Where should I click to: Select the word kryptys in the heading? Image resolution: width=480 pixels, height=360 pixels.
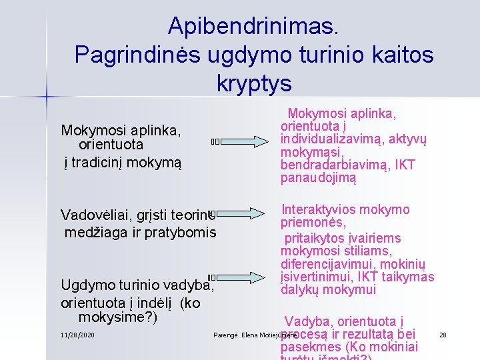[x=254, y=83]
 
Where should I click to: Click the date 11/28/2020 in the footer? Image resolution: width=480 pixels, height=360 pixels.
[x=77, y=334]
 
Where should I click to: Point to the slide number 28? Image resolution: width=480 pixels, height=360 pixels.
[x=443, y=334]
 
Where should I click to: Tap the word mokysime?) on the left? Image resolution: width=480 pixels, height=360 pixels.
[x=118, y=317]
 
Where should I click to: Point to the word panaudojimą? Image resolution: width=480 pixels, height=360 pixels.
[x=319, y=178]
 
